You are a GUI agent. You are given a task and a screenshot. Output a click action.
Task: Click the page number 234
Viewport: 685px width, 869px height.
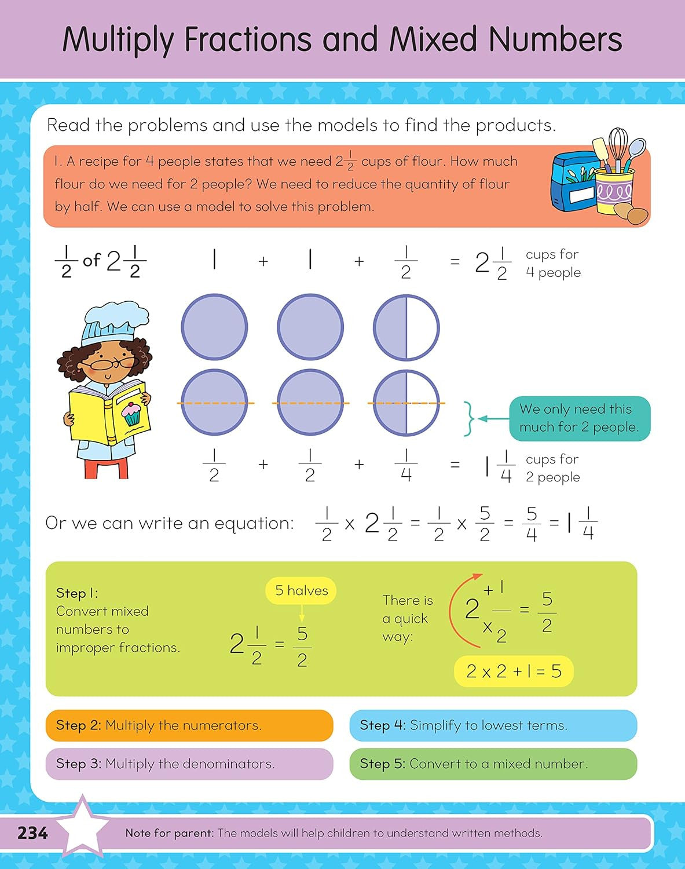tap(32, 833)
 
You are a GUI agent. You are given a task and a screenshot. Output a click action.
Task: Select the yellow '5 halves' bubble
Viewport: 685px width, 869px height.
tap(301, 590)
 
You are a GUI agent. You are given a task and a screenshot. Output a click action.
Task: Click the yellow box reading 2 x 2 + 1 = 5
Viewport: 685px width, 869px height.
tap(514, 671)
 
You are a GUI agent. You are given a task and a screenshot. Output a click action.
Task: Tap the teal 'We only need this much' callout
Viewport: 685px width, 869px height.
tap(579, 418)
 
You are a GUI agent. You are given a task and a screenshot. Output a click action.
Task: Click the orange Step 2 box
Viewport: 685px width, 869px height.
tap(189, 725)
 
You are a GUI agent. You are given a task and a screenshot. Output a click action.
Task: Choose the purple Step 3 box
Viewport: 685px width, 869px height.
tap(189, 764)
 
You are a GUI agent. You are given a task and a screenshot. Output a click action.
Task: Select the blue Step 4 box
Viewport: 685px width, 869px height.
tap(493, 725)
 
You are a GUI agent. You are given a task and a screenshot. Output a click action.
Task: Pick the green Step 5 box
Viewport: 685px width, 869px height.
tap(493, 764)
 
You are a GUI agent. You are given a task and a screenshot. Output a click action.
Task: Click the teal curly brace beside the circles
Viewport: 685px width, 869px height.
tap(470, 418)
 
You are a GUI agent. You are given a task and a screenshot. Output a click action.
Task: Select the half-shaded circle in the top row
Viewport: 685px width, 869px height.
tap(406, 327)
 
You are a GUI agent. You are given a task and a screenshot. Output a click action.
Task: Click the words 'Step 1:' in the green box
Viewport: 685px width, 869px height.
tap(77, 593)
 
